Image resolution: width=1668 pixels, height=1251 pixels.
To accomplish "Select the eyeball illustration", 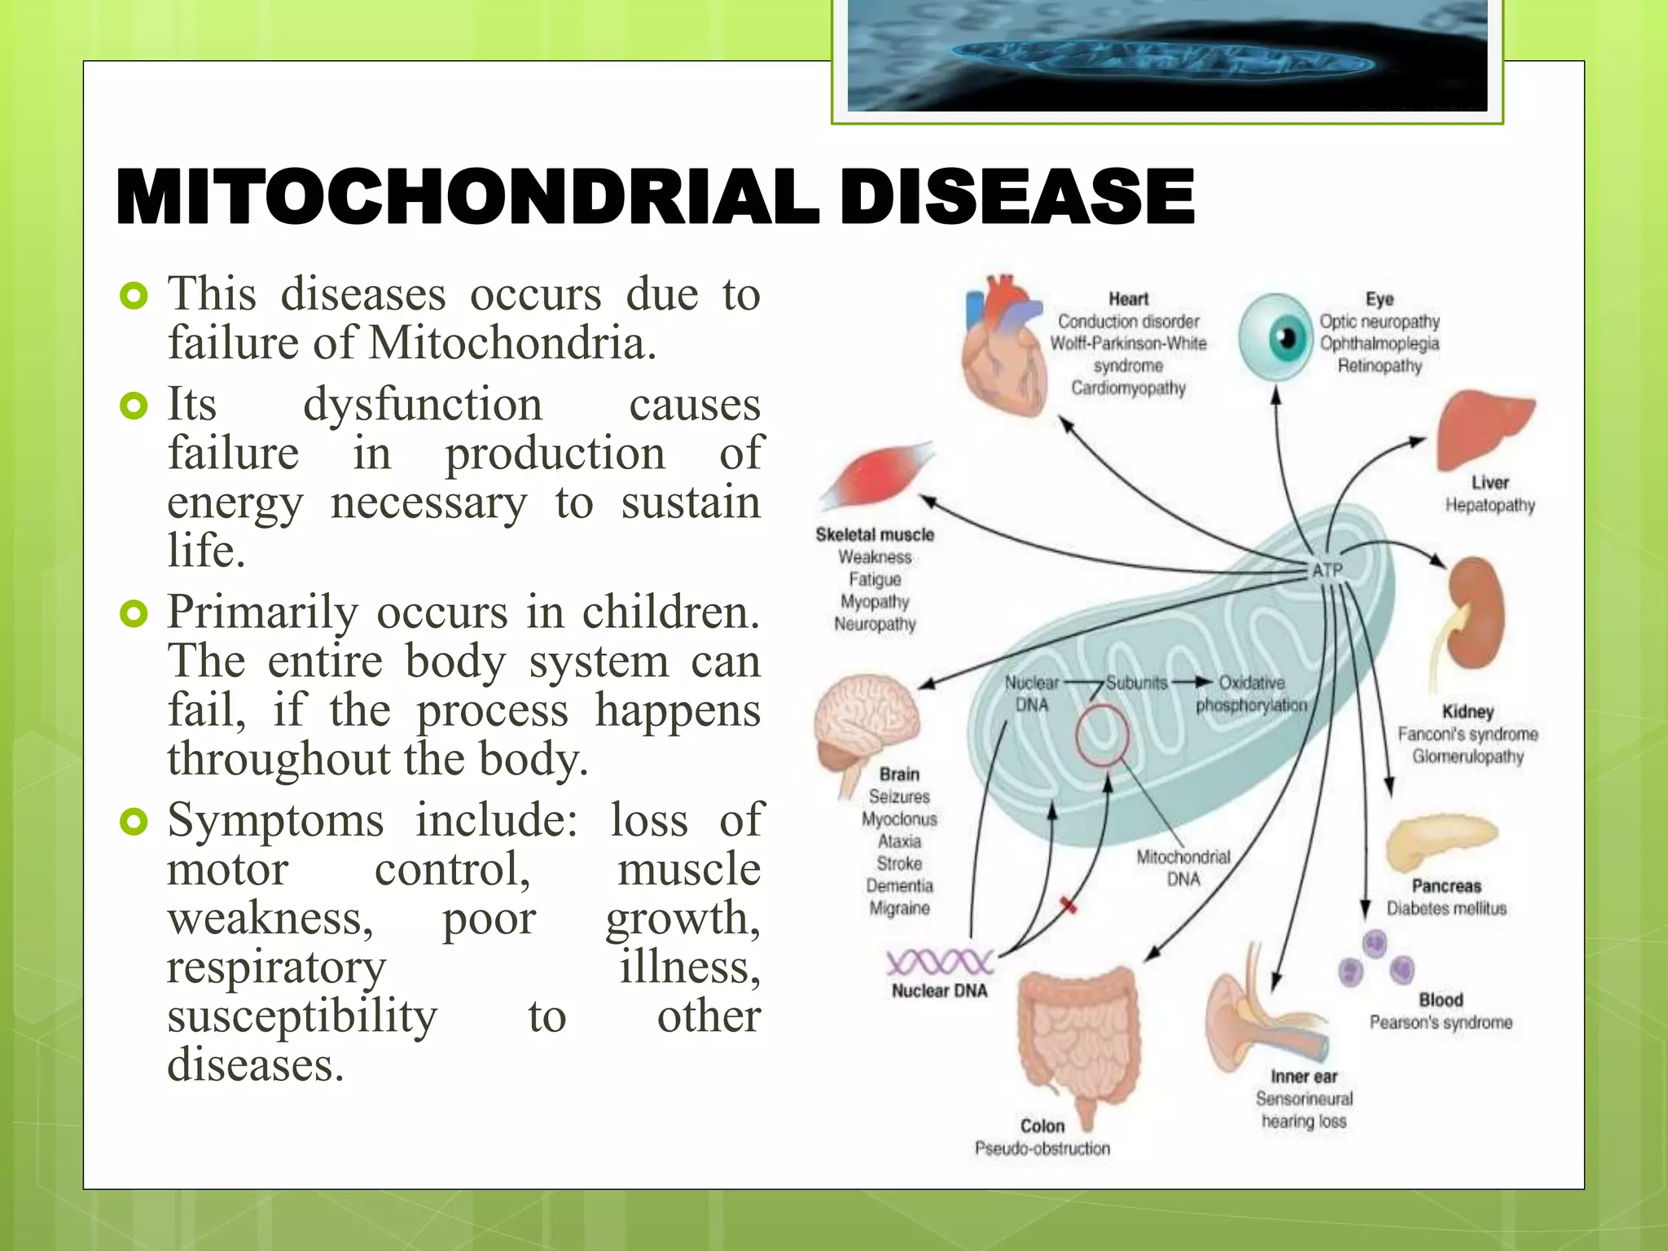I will point(1275,338).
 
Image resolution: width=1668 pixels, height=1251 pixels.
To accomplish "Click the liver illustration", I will point(1484,428).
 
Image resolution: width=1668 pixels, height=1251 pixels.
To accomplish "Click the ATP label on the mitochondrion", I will point(1327,570).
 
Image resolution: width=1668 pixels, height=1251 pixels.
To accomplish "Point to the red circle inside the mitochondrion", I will point(1102,735).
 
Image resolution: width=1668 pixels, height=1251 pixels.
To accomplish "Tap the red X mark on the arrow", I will point(1069,905).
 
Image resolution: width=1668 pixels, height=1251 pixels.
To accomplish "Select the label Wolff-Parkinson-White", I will point(1128,344).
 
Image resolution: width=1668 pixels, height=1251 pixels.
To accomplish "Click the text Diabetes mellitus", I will point(1446,908).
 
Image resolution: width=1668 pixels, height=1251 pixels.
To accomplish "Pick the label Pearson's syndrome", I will point(1440,1022).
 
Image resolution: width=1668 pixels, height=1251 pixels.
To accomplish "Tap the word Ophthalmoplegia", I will point(1379,344).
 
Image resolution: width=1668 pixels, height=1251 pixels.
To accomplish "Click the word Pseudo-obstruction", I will point(1042,1148).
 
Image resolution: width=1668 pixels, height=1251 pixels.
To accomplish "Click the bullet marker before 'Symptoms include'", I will point(134,822).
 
